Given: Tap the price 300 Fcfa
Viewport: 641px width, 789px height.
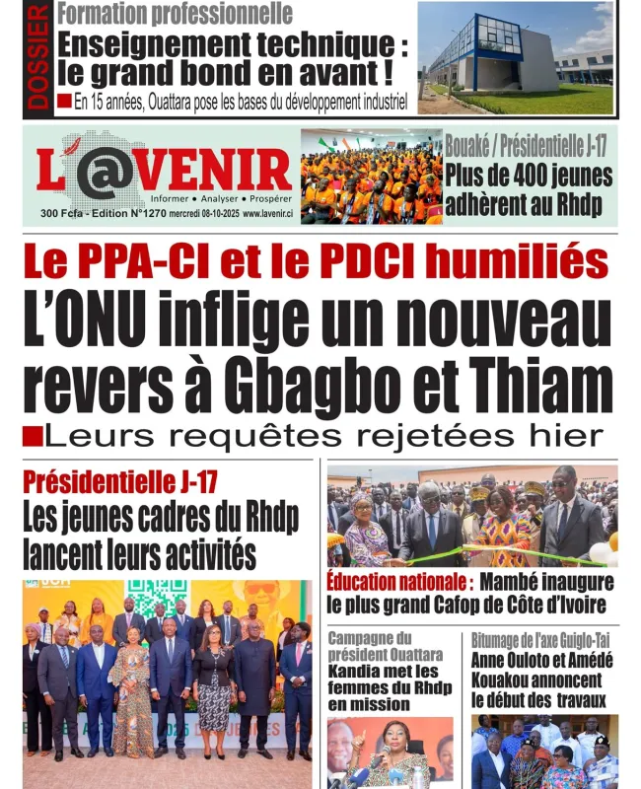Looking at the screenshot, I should coord(60,214).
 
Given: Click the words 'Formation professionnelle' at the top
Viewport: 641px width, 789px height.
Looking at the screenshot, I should coord(176,14).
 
